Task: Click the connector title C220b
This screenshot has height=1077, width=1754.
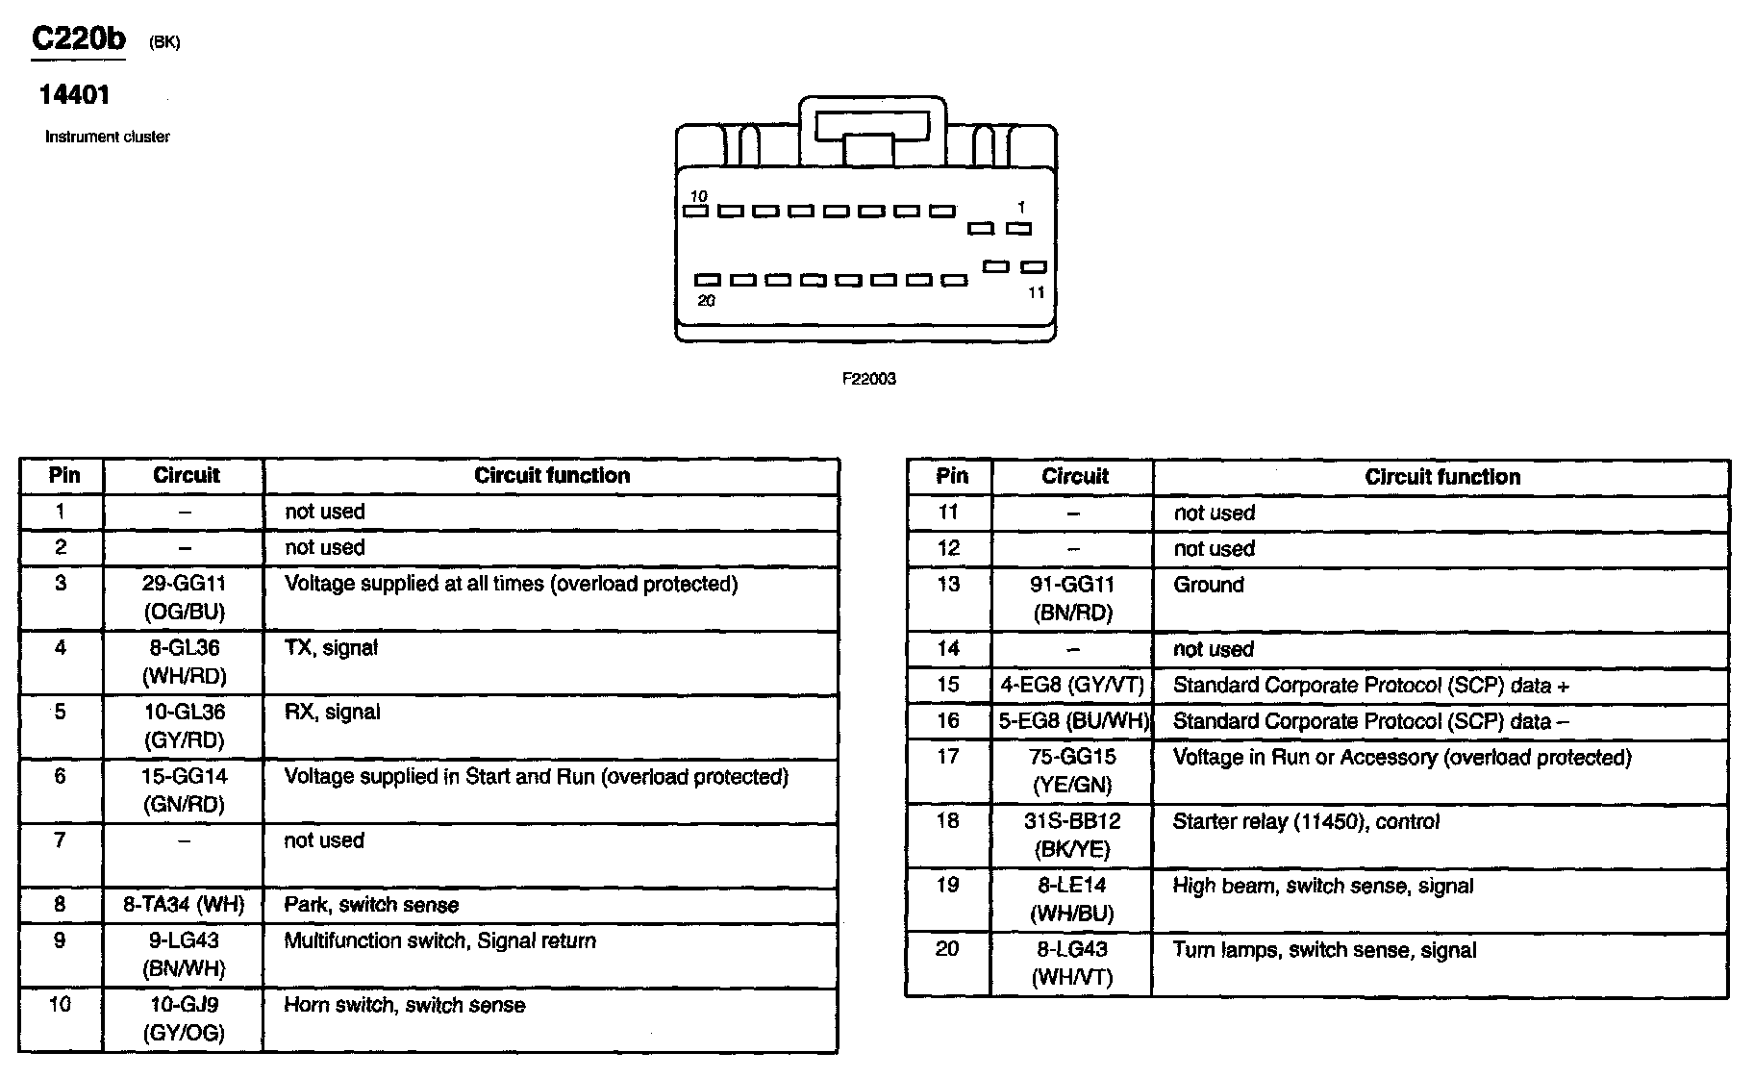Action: tap(79, 39)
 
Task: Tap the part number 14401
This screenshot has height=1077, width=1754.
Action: tap(74, 95)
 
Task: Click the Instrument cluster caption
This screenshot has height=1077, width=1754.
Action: tap(108, 137)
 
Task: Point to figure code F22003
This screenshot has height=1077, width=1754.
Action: tap(868, 379)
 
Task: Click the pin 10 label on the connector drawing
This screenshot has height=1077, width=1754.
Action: tap(697, 196)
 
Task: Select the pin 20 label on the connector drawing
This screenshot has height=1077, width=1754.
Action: tap(707, 301)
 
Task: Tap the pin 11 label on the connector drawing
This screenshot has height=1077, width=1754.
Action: tap(1035, 292)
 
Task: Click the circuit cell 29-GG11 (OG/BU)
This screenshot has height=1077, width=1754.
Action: tap(184, 597)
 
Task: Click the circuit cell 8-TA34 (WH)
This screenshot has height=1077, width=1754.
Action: tap(184, 905)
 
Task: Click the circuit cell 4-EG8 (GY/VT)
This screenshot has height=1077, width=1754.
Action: tap(1072, 686)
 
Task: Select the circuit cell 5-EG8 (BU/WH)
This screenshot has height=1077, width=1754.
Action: tap(1073, 721)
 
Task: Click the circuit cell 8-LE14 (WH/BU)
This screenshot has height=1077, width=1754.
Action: tap(1071, 899)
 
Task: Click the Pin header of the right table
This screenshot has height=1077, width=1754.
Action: tap(952, 476)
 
